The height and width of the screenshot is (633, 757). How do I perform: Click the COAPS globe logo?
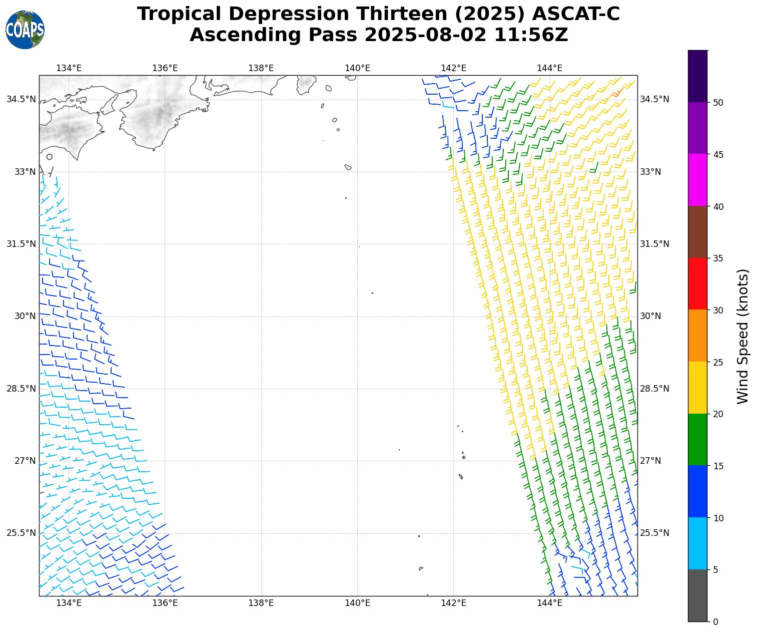point(25,30)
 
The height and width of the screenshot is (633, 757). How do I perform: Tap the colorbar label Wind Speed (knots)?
point(743,336)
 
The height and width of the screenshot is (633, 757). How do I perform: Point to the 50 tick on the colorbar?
point(718,103)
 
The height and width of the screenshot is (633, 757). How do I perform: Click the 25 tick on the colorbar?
point(718,362)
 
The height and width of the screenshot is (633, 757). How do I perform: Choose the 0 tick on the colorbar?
point(715,622)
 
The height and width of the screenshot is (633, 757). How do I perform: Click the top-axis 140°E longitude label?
point(357,69)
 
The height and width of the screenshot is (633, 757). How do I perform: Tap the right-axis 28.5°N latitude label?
point(654,389)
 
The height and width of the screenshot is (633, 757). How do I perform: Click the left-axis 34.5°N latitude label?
point(21,99)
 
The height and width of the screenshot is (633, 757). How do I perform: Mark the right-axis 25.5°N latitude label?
point(654,533)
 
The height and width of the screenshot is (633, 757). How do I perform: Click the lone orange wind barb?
point(617,93)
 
